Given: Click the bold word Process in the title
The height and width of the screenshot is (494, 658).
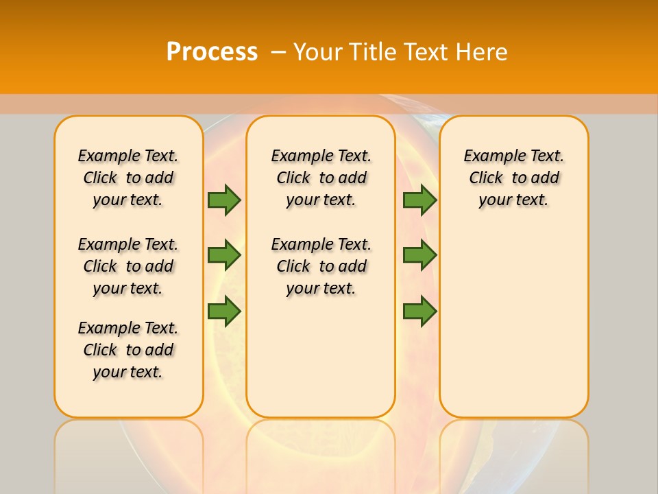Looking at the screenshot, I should [x=212, y=52].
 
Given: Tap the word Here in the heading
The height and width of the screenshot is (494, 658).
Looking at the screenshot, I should [x=483, y=52].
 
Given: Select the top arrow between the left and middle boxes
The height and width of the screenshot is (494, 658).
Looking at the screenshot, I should [x=224, y=200].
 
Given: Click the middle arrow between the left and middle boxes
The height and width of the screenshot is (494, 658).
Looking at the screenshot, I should [x=224, y=255].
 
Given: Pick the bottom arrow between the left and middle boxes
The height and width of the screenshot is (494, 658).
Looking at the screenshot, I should [x=224, y=311].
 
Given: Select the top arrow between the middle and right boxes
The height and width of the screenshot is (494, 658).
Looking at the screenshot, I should [x=419, y=200].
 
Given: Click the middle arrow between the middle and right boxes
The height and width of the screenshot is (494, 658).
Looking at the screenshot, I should [x=419, y=255].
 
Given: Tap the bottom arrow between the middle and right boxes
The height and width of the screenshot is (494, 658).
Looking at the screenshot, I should [x=419, y=311].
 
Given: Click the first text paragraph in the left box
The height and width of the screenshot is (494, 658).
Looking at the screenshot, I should [x=128, y=178].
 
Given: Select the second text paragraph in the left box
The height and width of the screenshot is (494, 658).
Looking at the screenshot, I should [x=128, y=266].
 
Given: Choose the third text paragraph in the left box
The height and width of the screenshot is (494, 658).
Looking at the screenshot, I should [x=128, y=350].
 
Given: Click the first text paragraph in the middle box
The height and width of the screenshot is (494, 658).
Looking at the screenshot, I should [x=321, y=178].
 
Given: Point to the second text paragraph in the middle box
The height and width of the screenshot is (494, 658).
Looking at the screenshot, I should [x=321, y=266].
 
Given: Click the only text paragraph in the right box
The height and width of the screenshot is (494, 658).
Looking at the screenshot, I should [x=513, y=178].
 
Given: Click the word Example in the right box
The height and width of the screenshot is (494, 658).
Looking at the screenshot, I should [x=488, y=156].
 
